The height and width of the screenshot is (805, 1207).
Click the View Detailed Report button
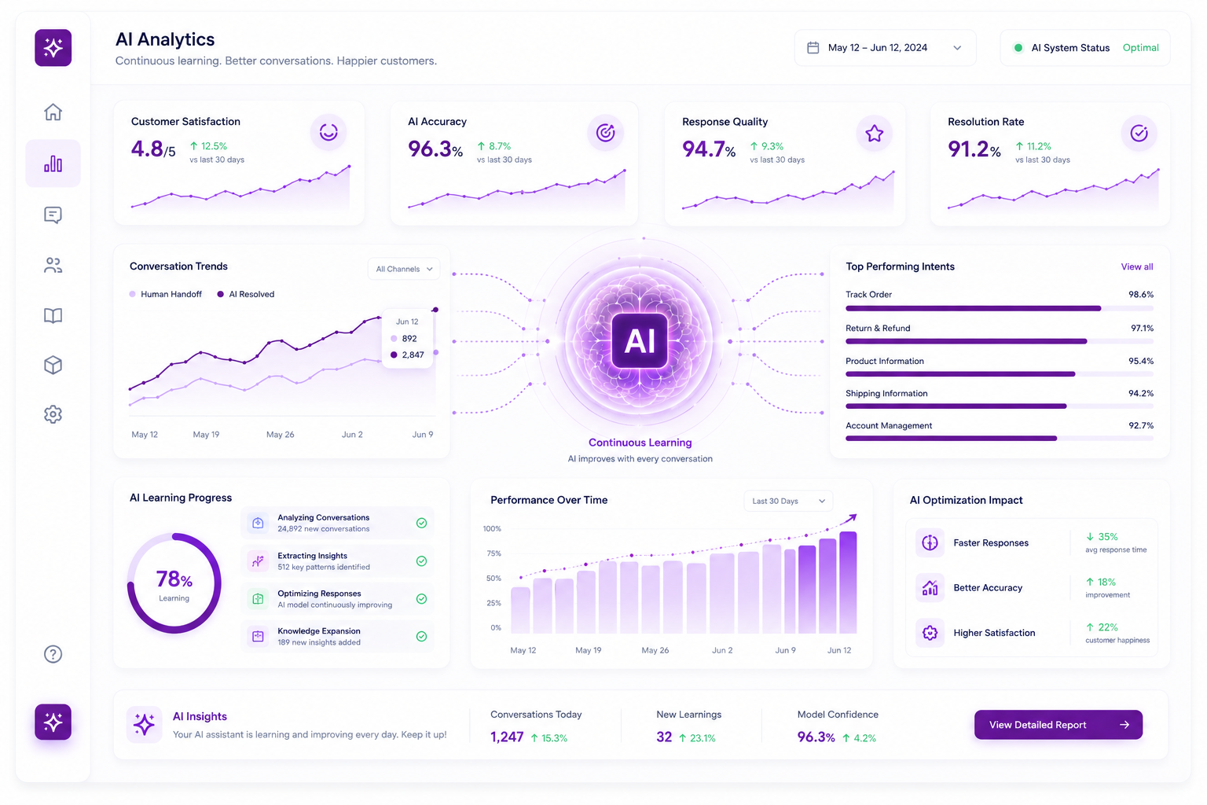1058,725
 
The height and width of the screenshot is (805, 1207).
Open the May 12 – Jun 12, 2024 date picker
885,48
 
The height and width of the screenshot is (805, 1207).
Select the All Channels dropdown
404,269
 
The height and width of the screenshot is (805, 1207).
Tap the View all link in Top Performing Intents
1137,266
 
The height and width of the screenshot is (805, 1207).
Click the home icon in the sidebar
53,112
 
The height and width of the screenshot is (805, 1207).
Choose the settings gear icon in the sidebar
53,414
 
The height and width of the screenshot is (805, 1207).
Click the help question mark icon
53,654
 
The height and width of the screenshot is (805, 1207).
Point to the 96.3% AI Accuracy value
435,149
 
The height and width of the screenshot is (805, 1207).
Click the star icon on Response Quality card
874,133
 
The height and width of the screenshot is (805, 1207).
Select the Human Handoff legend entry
166,294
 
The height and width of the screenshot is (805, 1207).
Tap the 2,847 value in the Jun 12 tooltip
413,355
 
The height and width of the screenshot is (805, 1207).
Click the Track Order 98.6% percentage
1141,294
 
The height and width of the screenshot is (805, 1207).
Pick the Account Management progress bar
1000,439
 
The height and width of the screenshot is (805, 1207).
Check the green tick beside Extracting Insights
421,561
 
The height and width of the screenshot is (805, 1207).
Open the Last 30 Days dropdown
788,501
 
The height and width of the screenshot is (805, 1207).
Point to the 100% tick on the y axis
492,528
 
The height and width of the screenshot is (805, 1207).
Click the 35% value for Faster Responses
1108,536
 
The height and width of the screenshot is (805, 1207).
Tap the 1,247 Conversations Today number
507,737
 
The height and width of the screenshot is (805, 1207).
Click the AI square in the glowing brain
640,340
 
